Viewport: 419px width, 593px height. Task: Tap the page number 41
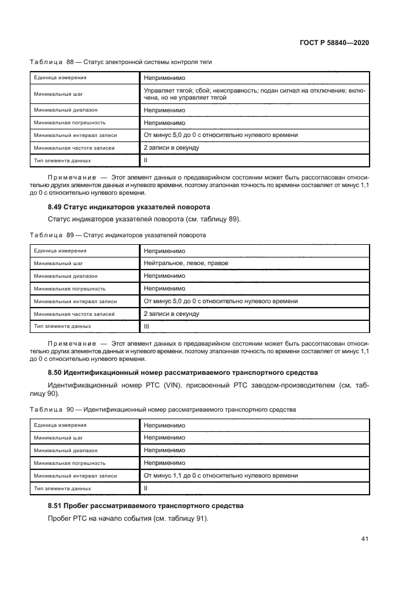click(364, 539)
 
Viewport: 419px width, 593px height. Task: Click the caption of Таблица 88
click(121, 62)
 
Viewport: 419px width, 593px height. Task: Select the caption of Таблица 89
click(118, 235)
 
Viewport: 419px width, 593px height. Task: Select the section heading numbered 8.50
click(183, 372)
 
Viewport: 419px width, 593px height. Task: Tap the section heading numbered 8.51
click(146, 505)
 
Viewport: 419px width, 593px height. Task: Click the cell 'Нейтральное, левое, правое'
click(186, 263)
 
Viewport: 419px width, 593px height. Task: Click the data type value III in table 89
click(146, 326)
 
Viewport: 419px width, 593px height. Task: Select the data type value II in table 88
click(145, 160)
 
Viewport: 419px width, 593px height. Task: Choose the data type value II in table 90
click(145, 488)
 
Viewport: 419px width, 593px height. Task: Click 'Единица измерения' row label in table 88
click(60, 77)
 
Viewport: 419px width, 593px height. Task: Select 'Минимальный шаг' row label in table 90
click(57, 438)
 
